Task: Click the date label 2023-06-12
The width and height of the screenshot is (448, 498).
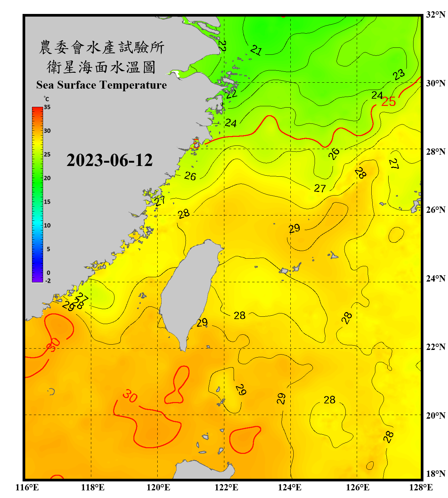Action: (110, 160)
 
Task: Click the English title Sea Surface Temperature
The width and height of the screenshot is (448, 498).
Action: (102, 85)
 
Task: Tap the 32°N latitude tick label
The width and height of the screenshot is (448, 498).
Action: (435, 15)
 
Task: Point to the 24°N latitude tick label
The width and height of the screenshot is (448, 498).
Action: (435, 279)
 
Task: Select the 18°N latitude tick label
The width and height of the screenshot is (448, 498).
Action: (435, 474)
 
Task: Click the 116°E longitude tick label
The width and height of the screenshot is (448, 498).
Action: (27, 487)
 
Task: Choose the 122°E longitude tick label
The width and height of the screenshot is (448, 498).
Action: (226, 487)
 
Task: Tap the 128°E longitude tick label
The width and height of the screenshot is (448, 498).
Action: (421, 487)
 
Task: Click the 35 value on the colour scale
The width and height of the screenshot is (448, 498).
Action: (47, 107)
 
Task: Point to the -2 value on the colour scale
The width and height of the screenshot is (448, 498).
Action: (48, 281)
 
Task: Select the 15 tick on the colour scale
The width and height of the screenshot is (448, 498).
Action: (47, 202)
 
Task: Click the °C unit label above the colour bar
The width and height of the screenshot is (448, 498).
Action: (46, 99)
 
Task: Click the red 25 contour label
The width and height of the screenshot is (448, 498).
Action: (388, 102)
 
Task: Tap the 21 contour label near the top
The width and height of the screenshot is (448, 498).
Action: (256, 50)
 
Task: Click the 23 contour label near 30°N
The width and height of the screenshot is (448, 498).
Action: (399, 75)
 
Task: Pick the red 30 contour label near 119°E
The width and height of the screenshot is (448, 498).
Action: (129, 396)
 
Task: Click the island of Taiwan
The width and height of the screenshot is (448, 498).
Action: (189, 292)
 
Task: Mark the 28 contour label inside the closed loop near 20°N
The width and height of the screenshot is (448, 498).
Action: (330, 400)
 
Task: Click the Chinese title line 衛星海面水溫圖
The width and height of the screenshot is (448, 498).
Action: (101, 67)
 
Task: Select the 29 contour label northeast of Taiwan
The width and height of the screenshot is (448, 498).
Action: (294, 228)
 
